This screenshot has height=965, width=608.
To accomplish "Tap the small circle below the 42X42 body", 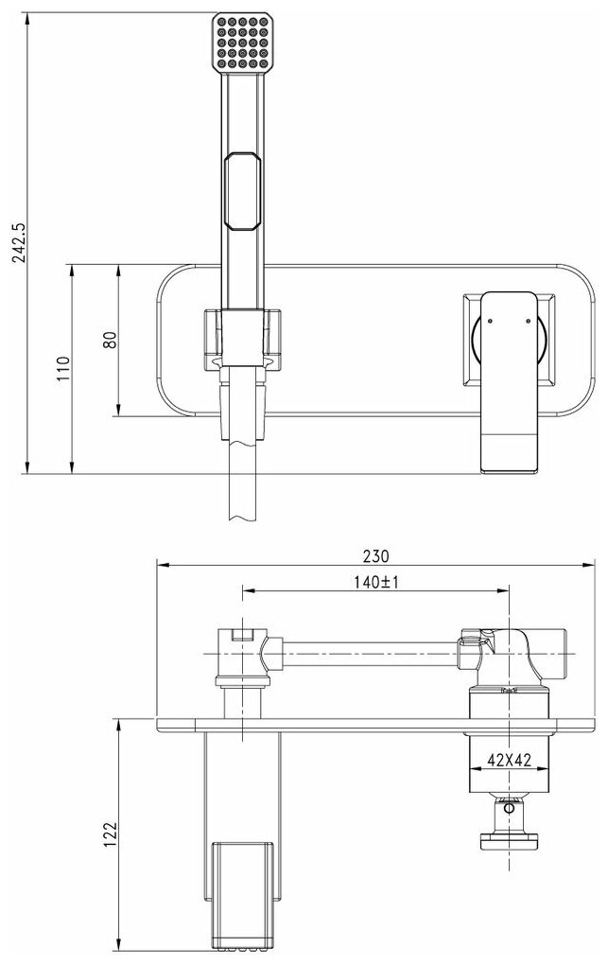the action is tap(511, 808).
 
